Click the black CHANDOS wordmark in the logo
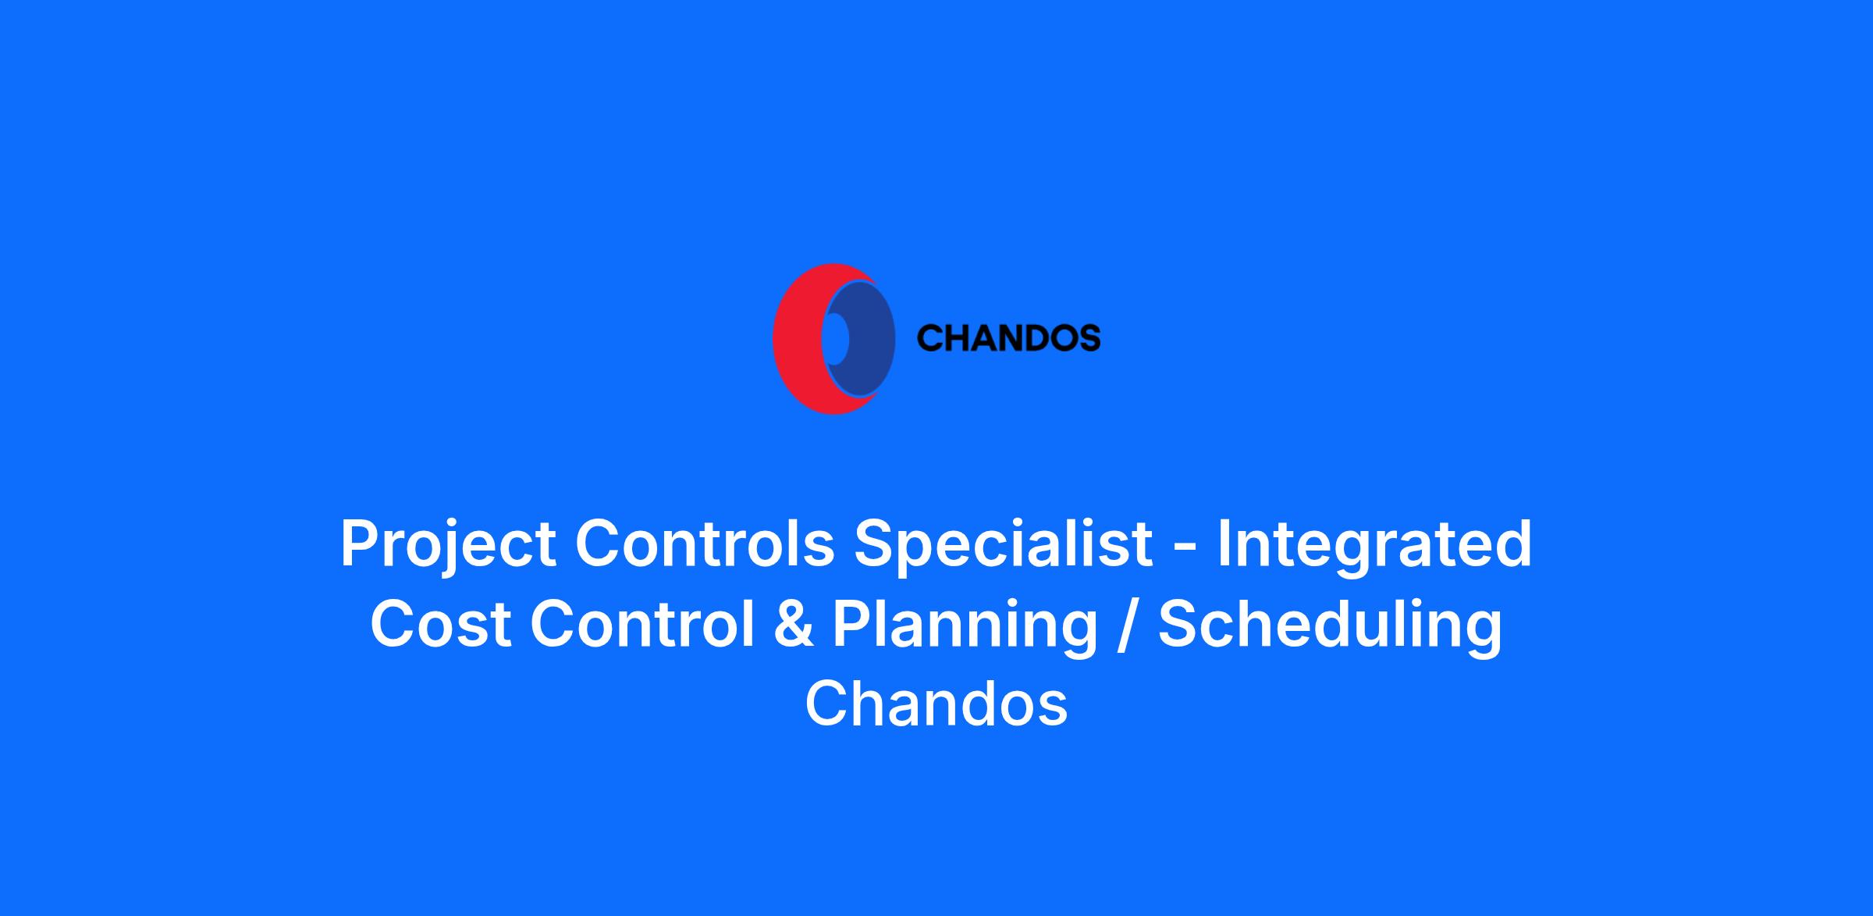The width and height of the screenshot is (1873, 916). click(x=1008, y=338)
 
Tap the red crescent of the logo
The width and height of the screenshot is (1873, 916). click(x=796, y=339)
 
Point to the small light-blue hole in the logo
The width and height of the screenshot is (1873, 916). click(x=836, y=339)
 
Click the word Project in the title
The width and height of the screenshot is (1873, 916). click(x=448, y=544)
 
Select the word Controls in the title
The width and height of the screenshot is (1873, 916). click(x=705, y=544)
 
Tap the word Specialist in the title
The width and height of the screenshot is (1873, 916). click(x=1004, y=544)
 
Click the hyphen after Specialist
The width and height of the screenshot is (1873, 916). click(x=1185, y=549)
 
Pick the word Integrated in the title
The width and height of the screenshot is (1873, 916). click(x=1374, y=544)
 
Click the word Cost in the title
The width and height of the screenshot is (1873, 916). click(x=441, y=624)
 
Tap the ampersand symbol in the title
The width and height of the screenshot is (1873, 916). click(x=794, y=624)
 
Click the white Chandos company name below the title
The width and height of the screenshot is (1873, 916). click(x=936, y=704)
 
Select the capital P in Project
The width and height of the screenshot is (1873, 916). click(x=360, y=544)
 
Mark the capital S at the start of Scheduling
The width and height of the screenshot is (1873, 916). click(x=1179, y=624)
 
